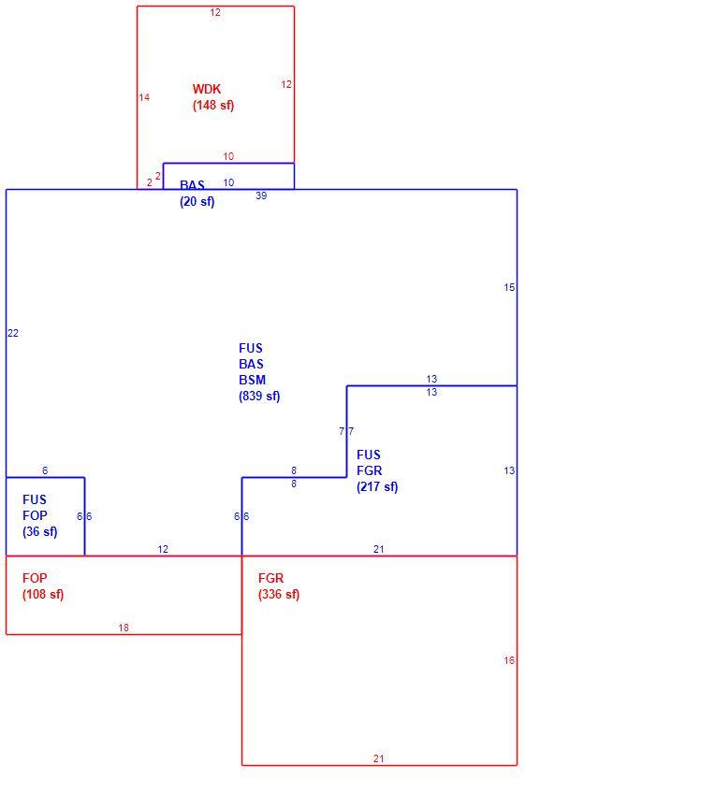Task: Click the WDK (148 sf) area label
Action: pos(213,97)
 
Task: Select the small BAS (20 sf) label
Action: pos(197,194)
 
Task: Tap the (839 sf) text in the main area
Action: pos(259,397)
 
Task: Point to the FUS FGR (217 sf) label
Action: pos(377,470)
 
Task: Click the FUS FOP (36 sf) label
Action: pos(39,515)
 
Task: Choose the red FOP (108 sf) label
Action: pos(43,586)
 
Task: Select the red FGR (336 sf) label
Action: pos(279,586)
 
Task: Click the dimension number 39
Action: pos(261,195)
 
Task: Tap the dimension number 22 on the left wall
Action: pos(13,333)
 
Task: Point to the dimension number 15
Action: pos(509,287)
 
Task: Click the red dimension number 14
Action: pos(144,97)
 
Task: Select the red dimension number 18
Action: pos(124,628)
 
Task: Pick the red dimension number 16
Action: pos(509,660)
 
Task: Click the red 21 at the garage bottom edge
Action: pos(379,758)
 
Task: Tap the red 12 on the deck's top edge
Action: pos(215,12)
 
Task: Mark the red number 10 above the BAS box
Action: pos(228,156)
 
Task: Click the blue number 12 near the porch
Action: pos(163,550)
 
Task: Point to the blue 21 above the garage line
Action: pos(379,550)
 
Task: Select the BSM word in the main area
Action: pos(253,381)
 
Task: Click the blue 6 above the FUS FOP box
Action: pos(45,470)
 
